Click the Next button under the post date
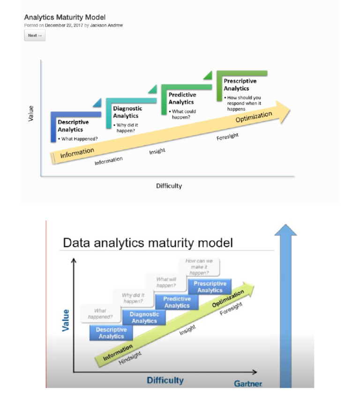pyautogui.click(x=35, y=36)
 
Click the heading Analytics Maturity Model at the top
pyautogui.click(x=65, y=17)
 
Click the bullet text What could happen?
pyautogui.click(x=183, y=114)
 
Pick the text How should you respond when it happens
pyautogui.click(x=244, y=103)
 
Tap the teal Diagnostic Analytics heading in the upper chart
pyautogui.click(x=127, y=112)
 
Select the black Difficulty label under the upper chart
pyautogui.click(x=169, y=186)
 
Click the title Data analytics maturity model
pyautogui.click(x=147, y=243)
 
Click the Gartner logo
pyautogui.click(x=248, y=384)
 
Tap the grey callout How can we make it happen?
pyautogui.click(x=197, y=267)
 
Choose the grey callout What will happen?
pyautogui.click(x=166, y=282)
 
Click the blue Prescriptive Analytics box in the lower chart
pyautogui.click(x=210, y=287)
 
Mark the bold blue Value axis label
pyautogui.click(x=66, y=320)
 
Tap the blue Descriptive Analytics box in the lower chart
pyautogui.click(x=111, y=333)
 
